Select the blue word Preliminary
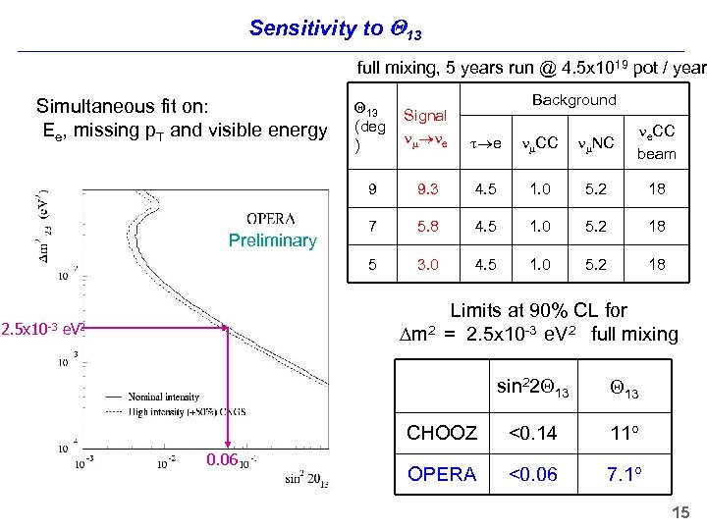coord(272,241)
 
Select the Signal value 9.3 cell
coord(427,187)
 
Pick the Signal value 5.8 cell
coord(427,226)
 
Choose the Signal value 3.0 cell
coord(427,264)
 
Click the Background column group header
coord(573,100)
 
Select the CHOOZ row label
coord(442,433)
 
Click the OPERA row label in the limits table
coord(442,474)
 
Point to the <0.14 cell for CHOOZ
coord(533,433)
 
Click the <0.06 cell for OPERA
coord(533,474)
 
